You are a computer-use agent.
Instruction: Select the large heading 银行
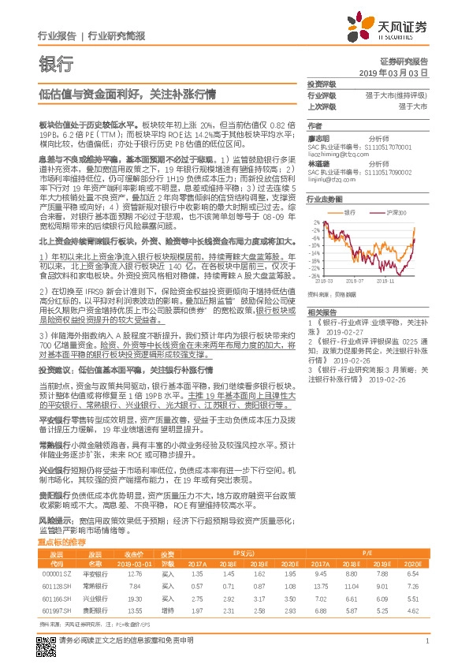[56, 64]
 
